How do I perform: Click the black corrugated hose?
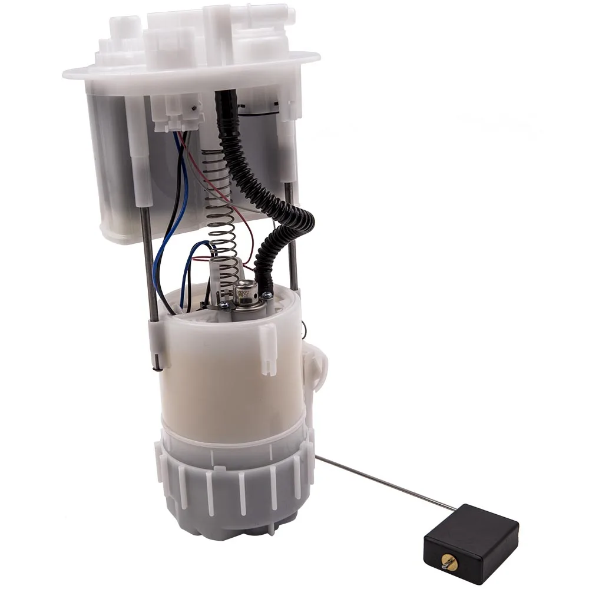click(x=277, y=188)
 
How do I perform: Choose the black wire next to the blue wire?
click(x=171, y=236)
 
